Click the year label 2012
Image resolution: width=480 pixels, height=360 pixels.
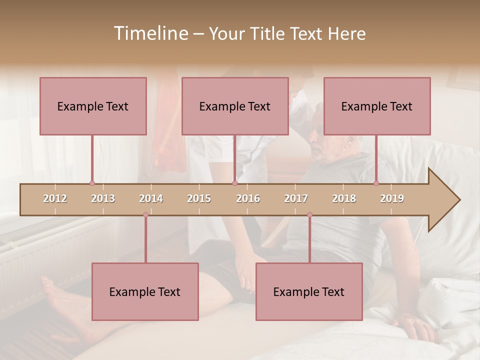pos(55,198)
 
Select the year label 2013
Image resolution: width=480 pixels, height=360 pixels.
pos(103,198)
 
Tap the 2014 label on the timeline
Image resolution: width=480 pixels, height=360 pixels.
pos(151,198)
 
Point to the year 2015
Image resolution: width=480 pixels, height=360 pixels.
pos(199,198)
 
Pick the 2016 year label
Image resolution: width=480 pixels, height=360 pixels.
pos(248,198)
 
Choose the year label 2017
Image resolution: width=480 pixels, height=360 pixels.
pos(296,198)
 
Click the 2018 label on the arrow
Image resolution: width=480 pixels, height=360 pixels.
pos(344,198)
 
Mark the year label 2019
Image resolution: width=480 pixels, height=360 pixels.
pos(392,198)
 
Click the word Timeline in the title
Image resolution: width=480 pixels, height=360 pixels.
pos(150,33)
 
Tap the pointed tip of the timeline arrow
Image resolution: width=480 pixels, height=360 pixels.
pos(459,200)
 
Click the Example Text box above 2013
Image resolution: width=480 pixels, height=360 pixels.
pos(93,106)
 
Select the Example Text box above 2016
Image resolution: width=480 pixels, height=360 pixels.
pos(235,106)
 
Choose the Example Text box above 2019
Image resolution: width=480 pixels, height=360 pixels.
pos(377,106)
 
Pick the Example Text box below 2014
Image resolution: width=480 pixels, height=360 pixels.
pos(145,291)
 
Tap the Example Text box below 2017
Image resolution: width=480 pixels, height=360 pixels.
pos(309,291)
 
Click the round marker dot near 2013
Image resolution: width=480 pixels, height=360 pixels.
pos(92,183)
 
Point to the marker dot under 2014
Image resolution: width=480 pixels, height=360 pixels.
pos(145,215)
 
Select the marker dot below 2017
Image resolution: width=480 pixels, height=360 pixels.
pos(309,215)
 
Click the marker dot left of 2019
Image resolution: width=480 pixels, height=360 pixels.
pos(376,183)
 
